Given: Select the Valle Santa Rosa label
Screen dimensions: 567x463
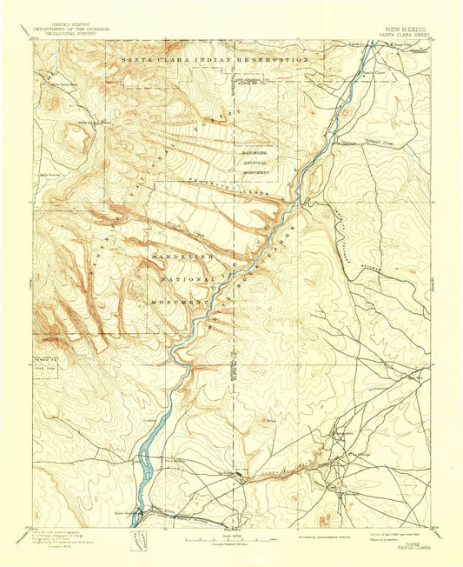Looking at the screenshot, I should pos(63,84).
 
